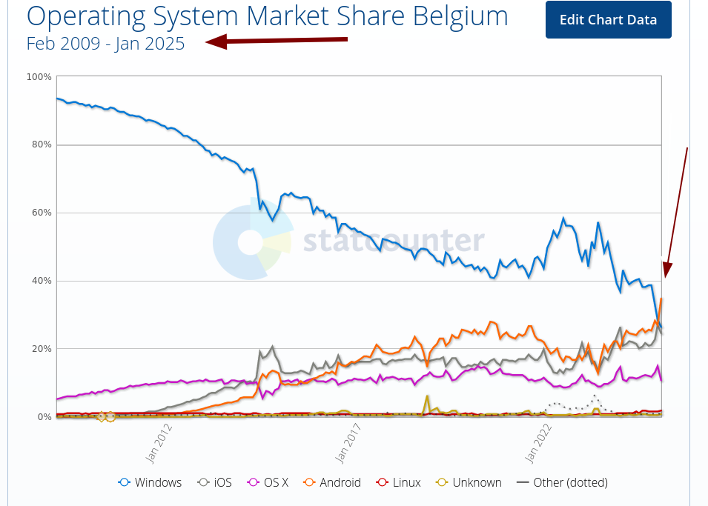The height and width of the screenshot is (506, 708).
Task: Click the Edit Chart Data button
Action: pyautogui.click(x=608, y=20)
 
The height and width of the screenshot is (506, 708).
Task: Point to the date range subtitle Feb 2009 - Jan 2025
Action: pyautogui.click(x=105, y=44)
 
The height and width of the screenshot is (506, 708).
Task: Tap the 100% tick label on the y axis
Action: pyautogui.click(x=39, y=77)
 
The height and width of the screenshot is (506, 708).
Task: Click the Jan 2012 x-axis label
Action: pyautogui.click(x=159, y=443)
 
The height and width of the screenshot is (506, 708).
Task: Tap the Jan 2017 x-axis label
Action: pyautogui.click(x=348, y=443)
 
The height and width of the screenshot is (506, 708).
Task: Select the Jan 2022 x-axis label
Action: pyautogui.click(x=537, y=443)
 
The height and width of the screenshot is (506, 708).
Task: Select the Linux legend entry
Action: pyautogui.click(x=398, y=482)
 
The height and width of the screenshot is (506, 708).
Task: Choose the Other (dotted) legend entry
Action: pyautogui.click(x=562, y=482)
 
